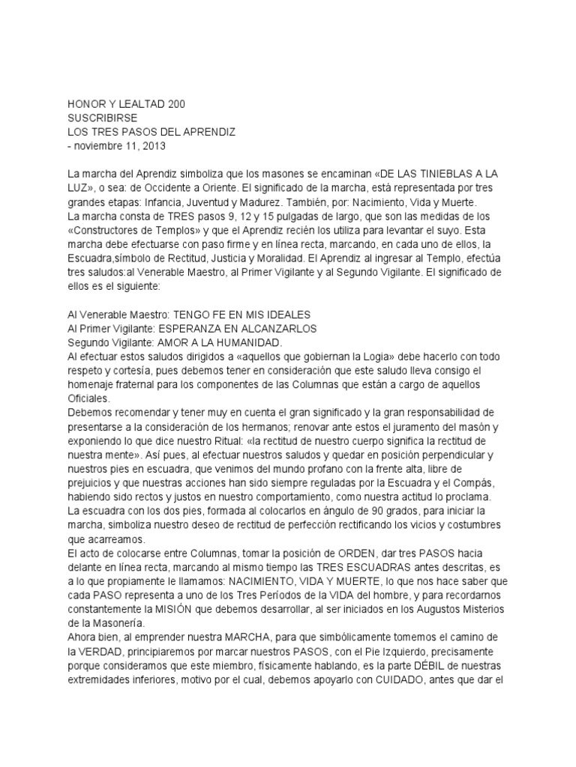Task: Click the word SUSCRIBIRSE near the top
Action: coord(102,118)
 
